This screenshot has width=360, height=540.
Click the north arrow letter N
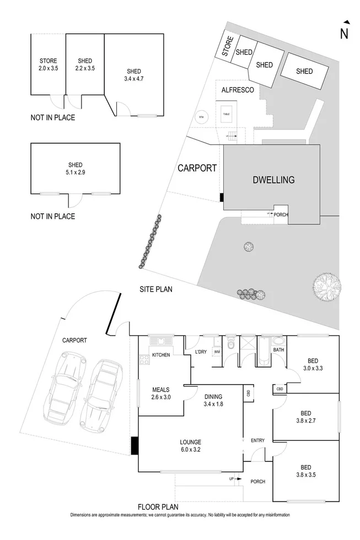[x=345, y=34]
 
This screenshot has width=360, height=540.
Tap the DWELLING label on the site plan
[x=273, y=180]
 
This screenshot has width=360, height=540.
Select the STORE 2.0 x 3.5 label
[x=48, y=64]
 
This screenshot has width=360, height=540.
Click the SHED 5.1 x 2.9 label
[x=75, y=168]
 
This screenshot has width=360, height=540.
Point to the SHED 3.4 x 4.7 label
[x=133, y=75]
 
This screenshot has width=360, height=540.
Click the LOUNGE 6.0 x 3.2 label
[x=190, y=445]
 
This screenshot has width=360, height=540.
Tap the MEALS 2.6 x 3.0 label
[x=160, y=392]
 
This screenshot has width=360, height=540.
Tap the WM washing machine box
[x=217, y=352]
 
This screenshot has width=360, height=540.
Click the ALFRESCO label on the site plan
[x=238, y=90]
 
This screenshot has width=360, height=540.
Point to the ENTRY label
[x=257, y=440]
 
